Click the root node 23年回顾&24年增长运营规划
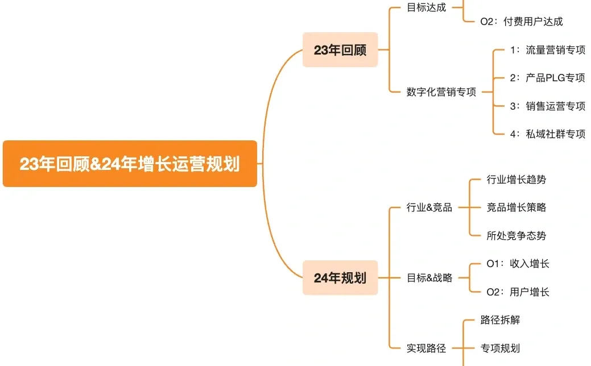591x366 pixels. click(x=130, y=164)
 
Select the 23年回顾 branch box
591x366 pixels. click(x=340, y=50)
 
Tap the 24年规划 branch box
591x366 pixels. click(x=340, y=278)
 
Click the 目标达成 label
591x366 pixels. click(x=427, y=8)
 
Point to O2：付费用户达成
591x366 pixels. click(x=522, y=22)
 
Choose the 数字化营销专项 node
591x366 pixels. click(x=441, y=92)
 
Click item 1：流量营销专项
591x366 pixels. click(x=547, y=50)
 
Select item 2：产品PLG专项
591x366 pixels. click(x=547, y=78)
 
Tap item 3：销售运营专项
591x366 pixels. click(x=547, y=106)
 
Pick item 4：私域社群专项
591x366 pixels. click(x=547, y=134)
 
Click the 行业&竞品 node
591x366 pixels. click(x=429, y=207)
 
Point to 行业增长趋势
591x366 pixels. click(x=516, y=180)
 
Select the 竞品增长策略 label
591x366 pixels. click(x=516, y=207)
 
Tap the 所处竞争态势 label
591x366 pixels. click(x=516, y=235)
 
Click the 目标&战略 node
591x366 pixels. click(x=429, y=278)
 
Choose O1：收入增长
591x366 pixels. click(x=518, y=264)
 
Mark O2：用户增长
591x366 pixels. click(x=518, y=292)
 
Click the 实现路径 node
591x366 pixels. click(x=427, y=348)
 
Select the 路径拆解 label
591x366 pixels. click(x=501, y=320)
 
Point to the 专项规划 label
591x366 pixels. click(x=501, y=348)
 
